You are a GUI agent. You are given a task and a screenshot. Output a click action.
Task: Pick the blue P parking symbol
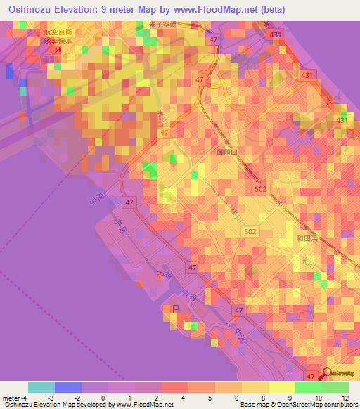click(176, 309)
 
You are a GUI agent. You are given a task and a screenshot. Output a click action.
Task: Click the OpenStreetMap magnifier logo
click(326, 374)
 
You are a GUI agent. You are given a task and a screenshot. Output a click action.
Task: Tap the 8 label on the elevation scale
click(243, 398)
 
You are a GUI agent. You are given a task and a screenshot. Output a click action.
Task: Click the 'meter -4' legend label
click(15, 398)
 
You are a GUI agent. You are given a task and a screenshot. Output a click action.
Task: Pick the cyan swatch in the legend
click(41, 387)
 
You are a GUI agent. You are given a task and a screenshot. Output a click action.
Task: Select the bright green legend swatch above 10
click(308, 387)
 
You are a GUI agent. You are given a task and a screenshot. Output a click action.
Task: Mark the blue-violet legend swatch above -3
click(68, 387)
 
